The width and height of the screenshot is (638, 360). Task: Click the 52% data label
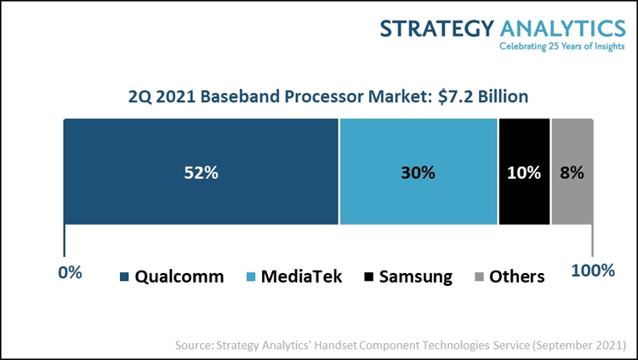click(202, 172)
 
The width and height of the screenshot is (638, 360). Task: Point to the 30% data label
click(419, 172)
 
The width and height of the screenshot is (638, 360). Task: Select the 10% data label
click(524, 172)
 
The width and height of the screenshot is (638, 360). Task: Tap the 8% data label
click(572, 172)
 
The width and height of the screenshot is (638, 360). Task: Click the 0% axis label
click(70, 272)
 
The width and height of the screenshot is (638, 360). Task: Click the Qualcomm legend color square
click(125, 277)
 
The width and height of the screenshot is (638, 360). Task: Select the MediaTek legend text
click(304, 277)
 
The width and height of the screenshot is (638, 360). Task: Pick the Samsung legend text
click(417, 277)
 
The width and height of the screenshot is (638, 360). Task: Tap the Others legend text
click(517, 277)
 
